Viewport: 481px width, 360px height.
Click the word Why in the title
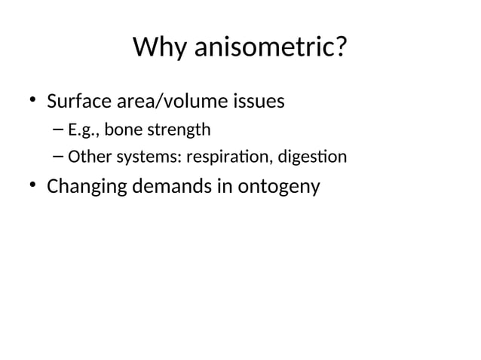(161, 48)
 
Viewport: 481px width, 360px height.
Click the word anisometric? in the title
(271, 48)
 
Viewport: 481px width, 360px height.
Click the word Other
(87, 157)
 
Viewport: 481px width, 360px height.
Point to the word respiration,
(226, 158)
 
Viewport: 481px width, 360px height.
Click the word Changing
(84, 186)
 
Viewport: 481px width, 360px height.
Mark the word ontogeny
(278, 187)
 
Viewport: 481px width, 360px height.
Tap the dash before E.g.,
(60, 130)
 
